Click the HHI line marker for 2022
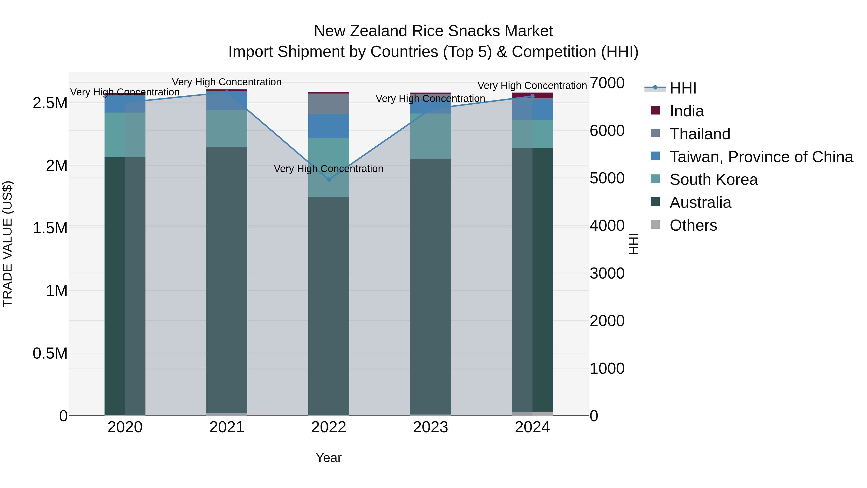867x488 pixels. (x=329, y=180)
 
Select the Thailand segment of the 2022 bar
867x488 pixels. (x=329, y=104)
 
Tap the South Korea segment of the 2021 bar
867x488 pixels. (x=227, y=128)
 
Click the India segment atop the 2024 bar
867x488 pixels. (x=532, y=95)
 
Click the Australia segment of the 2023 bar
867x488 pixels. (x=430, y=286)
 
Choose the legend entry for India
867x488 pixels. (x=687, y=111)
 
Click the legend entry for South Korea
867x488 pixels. (x=714, y=180)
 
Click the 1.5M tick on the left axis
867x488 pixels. (x=50, y=228)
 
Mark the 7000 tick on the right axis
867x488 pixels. (x=607, y=83)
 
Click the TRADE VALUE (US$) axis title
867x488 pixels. (x=7, y=244)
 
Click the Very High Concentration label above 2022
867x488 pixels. (x=328, y=169)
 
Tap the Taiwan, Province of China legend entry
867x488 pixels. (x=761, y=157)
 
